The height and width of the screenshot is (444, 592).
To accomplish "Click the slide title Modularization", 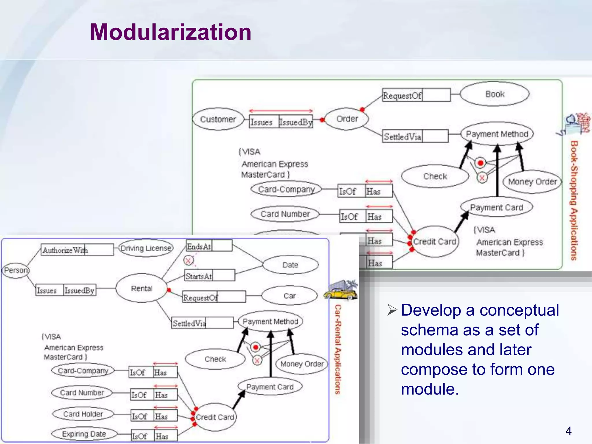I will click(x=171, y=32).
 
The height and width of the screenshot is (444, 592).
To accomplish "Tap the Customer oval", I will click(x=218, y=119).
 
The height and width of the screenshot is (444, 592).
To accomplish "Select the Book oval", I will click(x=495, y=94).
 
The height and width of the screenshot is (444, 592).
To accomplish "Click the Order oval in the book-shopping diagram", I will click(x=347, y=119).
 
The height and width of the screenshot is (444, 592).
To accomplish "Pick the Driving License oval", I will click(x=146, y=248).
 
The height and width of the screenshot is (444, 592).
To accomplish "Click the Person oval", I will click(x=16, y=270).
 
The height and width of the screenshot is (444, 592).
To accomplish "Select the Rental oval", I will click(x=142, y=288).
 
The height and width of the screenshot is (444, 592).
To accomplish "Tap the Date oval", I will click(x=290, y=265).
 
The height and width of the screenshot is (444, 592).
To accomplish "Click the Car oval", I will click(x=289, y=296).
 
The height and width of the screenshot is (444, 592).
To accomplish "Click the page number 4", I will click(x=568, y=431).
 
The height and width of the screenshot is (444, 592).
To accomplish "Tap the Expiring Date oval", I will click(x=84, y=434).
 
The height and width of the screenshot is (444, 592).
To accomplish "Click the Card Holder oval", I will click(x=83, y=414).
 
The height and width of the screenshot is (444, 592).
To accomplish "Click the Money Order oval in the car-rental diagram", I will click(x=302, y=364).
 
